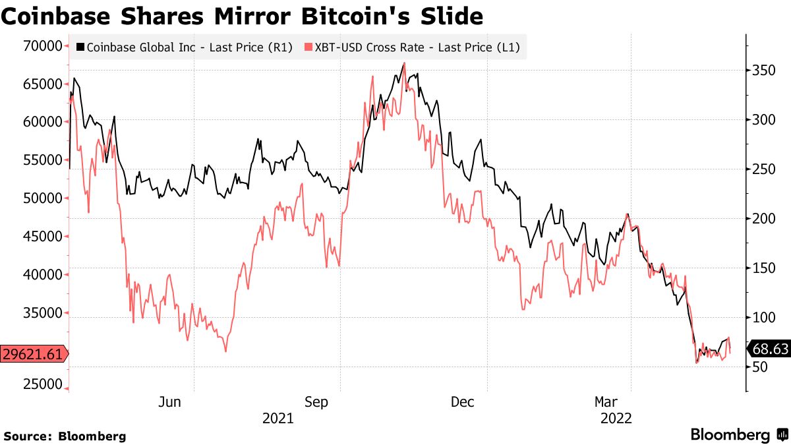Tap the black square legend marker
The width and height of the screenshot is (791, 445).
click(x=80, y=47)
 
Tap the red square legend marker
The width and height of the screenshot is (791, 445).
click(x=307, y=47)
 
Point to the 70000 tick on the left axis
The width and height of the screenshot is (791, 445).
click(x=42, y=45)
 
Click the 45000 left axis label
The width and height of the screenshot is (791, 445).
click(x=42, y=237)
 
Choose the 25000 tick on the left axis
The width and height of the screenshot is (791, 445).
click(x=42, y=384)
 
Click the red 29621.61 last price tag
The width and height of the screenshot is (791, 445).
click(x=32, y=354)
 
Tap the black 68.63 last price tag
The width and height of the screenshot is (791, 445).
click(x=769, y=349)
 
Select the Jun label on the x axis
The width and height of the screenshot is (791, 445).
click(x=170, y=401)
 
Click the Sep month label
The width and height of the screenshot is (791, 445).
click(x=316, y=401)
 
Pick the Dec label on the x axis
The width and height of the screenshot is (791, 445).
click(x=463, y=401)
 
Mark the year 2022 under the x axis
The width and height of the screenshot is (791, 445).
click(x=615, y=418)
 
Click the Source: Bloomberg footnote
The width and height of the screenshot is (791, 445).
click(x=65, y=436)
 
